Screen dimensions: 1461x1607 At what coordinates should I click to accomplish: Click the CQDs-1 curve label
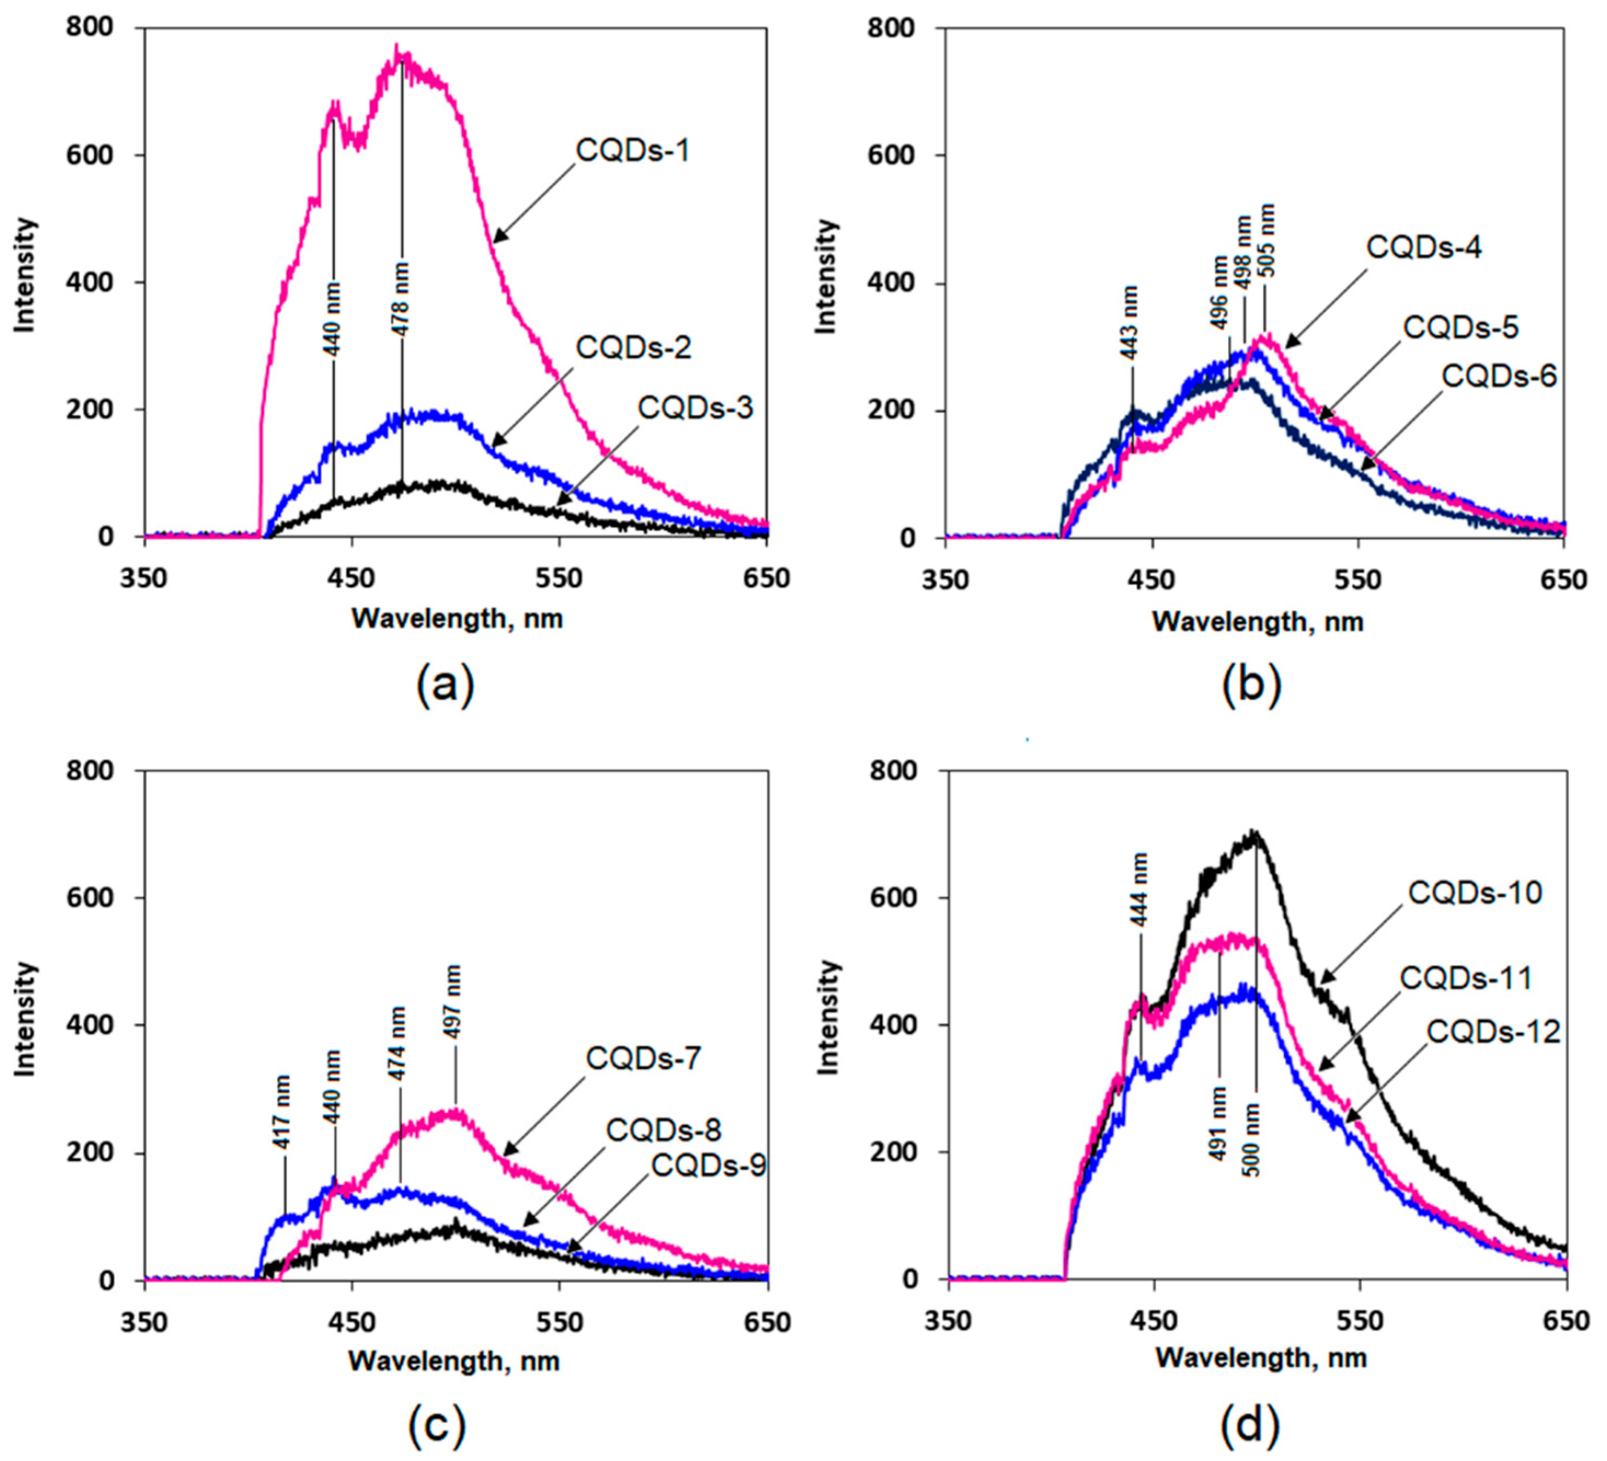coord(632,150)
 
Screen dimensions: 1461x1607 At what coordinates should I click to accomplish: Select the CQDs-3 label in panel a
coord(695,408)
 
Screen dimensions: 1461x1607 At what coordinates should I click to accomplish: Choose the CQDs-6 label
coord(1499,375)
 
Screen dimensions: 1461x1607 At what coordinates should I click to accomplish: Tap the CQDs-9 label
coord(708,1166)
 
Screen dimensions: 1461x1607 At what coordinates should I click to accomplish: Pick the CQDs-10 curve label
coord(1475,892)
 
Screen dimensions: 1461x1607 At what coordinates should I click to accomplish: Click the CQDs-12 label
coord(1492,1032)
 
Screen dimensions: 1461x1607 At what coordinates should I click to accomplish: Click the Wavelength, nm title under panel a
coord(457,618)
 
